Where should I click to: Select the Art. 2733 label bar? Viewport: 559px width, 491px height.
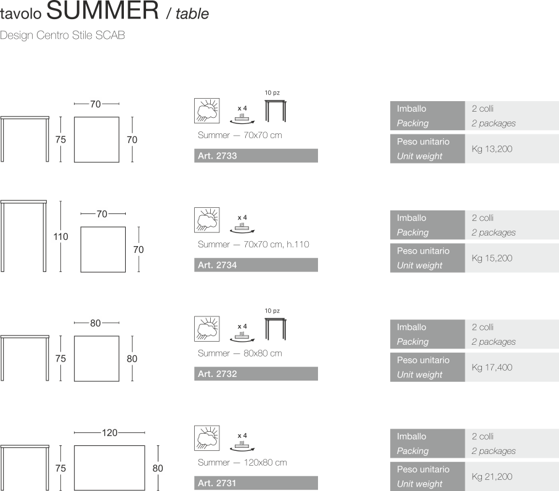256,156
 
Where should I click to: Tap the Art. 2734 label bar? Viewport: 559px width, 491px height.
256,265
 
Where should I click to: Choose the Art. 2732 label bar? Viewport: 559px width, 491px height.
256,374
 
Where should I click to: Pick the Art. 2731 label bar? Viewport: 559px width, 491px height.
256,483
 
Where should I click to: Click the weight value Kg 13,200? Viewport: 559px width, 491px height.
492,149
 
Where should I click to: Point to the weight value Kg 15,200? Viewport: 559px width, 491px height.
492,258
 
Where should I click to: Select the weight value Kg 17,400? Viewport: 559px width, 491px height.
492,367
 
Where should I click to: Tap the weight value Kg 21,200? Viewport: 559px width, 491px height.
492,476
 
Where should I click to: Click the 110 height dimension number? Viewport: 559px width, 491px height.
60,236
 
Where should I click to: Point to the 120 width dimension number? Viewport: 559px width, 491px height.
109,432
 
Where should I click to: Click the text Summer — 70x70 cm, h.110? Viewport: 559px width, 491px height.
253,244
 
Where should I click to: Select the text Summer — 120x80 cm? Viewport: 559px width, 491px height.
242,462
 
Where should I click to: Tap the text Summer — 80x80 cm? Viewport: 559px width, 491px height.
240,353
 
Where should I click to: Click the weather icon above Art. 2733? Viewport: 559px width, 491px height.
206,110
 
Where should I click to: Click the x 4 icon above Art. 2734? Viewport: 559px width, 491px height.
242,223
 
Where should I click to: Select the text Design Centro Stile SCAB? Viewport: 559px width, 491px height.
62,35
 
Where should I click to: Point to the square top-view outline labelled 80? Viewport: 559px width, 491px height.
97,358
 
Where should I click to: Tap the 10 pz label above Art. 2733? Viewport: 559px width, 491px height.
272,92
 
